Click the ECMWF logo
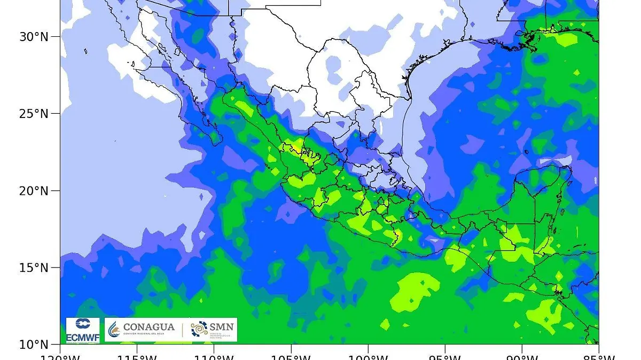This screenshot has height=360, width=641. click(82, 330)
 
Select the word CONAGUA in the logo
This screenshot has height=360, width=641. click(148, 327)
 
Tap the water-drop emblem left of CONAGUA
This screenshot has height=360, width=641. click(113, 330)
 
